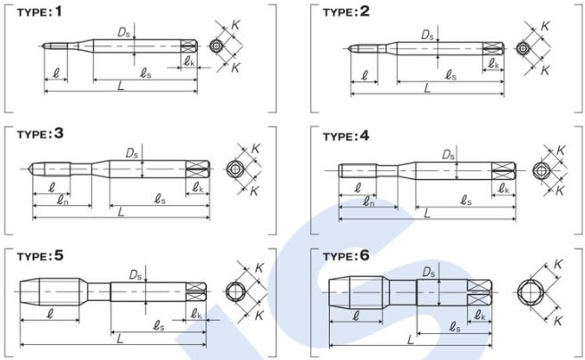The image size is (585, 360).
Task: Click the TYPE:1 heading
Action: pyautogui.click(x=39, y=12)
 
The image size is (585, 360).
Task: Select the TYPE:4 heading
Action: pyautogui.click(x=346, y=136)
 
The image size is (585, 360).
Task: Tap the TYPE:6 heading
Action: pyautogui.click(x=346, y=256)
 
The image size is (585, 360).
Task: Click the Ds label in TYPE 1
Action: pyautogui.click(x=123, y=33)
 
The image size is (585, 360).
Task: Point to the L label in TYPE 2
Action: pyautogui.click(x=427, y=88)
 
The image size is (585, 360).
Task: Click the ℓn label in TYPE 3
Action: pyautogui.click(x=62, y=200)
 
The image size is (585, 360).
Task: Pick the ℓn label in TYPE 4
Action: pyautogui.click(x=368, y=202)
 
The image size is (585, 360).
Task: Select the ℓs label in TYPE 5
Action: pyautogui.click(x=159, y=326)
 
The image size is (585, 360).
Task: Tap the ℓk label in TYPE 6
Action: pyautogui.click(x=480, y=315)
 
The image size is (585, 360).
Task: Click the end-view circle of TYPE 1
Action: pyautogui.click(x=216, y=46)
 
